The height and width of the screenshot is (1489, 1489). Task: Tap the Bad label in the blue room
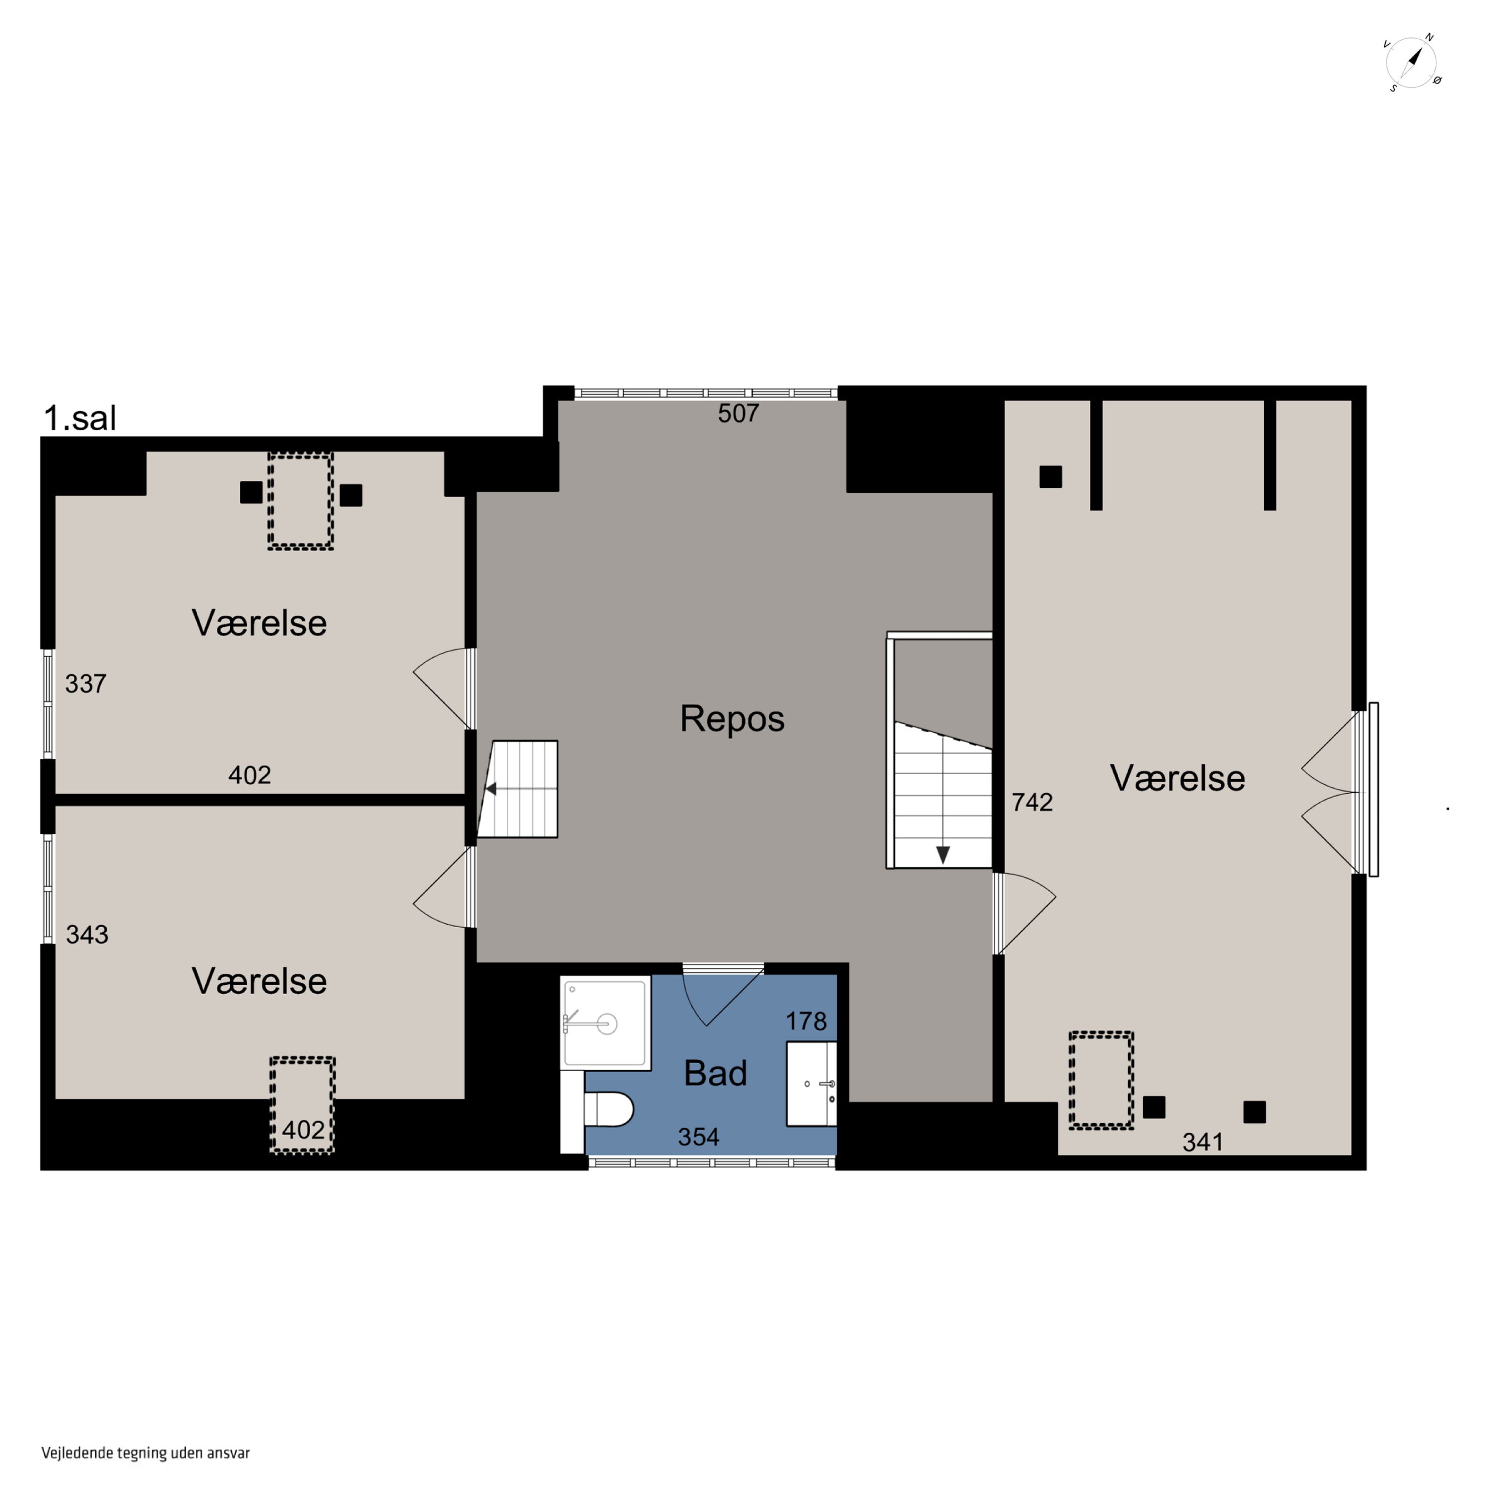[x=715, y=1073]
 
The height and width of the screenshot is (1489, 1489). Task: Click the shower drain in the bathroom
[x=607, y=1024]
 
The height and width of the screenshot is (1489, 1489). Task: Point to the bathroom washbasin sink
[x=811, y=1083]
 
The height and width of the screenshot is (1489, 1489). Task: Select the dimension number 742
[x=1032, y=802]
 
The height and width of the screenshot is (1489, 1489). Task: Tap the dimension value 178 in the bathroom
[x=806, y=1021]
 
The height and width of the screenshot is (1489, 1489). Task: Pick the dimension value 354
[x=698, y=1137]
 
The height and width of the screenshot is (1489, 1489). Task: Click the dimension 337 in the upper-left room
[x=85, y=683]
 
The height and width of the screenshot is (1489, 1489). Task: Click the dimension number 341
[x=1202, y=1142]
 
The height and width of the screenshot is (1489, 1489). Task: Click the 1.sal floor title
[x=80, y=418]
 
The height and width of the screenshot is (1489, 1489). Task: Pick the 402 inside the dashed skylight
[x=303, y=1130]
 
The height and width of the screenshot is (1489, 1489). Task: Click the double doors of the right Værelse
[x=1330, y=792]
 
